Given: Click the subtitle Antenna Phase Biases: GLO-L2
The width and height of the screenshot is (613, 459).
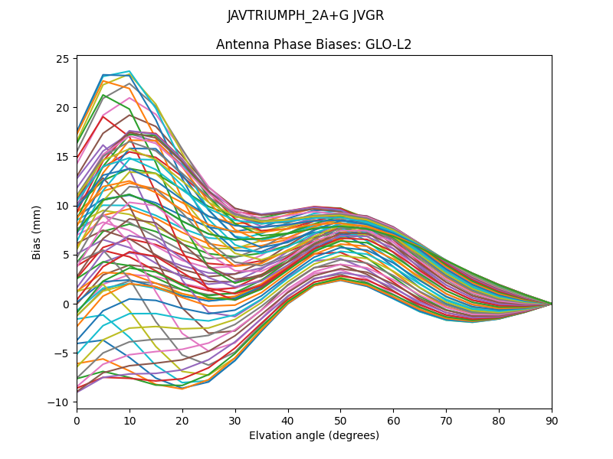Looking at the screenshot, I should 313,44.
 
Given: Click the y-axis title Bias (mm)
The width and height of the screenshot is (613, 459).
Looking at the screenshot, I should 37,232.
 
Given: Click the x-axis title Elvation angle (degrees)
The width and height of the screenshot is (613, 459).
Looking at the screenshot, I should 313,435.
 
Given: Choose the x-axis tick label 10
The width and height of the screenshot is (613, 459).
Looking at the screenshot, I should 129,420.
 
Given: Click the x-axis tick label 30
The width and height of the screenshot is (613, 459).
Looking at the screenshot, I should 235,420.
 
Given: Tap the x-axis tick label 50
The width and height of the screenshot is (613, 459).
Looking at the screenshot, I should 340,420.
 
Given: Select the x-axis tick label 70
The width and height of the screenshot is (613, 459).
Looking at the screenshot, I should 446,420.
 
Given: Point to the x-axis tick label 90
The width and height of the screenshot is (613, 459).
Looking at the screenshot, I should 551,420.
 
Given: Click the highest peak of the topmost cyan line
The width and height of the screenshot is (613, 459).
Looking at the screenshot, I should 129,71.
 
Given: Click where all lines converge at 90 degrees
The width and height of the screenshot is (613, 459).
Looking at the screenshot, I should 551,304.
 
